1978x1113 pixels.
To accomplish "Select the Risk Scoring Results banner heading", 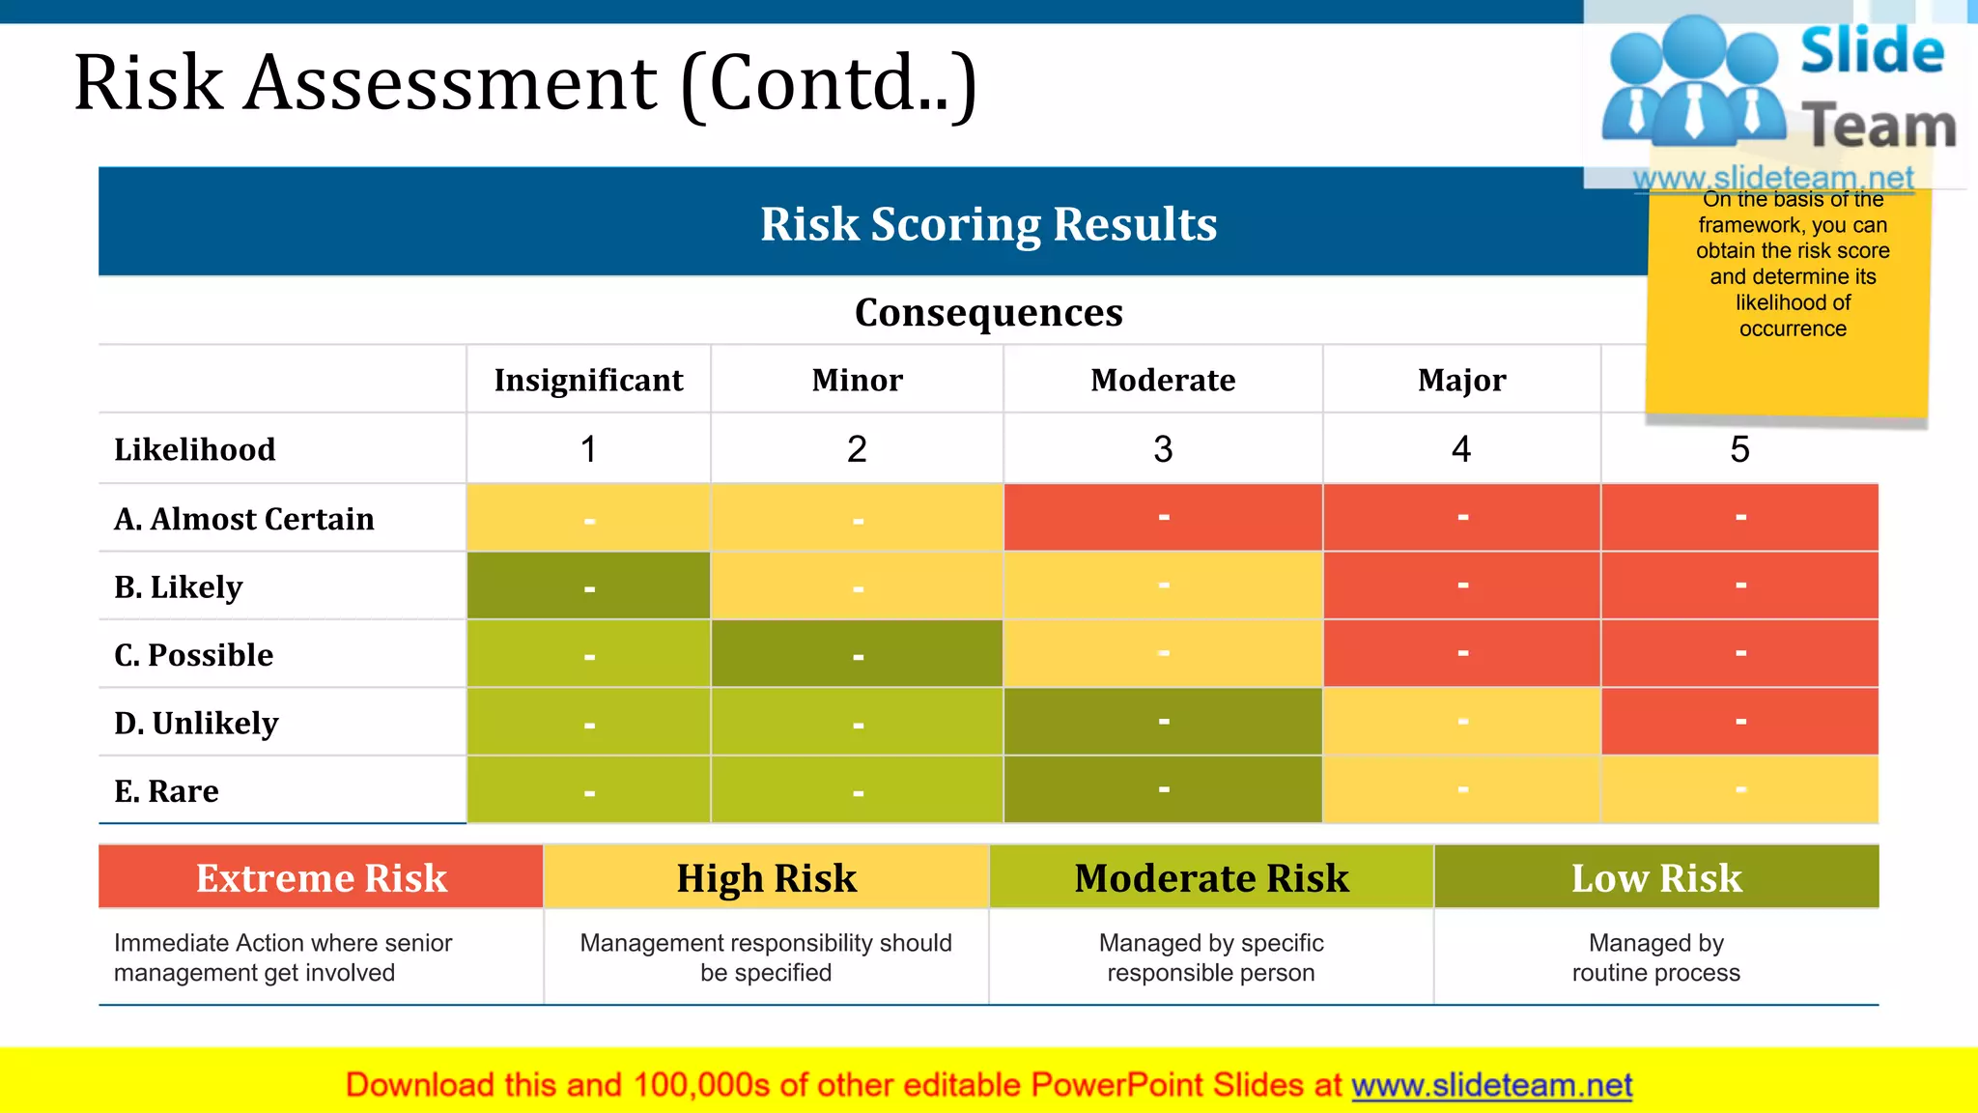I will (988, 224).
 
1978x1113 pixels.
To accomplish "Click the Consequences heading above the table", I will (988, 313).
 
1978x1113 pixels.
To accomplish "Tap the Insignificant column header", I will (588, 381).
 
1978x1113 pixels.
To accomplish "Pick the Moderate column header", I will (1163, 381).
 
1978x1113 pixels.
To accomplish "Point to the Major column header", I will (1461, 381).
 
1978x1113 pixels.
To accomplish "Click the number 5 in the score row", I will (1739, 449).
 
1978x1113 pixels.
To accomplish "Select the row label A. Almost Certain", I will (244, 520).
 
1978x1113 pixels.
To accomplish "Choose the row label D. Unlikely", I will (196, 724).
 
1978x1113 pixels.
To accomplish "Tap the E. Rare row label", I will (166, 792).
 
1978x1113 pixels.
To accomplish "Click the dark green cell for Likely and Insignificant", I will (588, 586).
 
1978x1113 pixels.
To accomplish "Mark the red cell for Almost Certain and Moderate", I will (1163, 518).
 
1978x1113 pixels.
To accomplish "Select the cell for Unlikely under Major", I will (1461, 722).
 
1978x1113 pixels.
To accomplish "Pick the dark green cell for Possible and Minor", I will (857, 654).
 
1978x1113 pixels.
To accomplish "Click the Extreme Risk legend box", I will (321, 878).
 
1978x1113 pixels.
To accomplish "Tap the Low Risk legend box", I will (1656, 878).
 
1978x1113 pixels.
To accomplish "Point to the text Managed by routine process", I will (1655, 957).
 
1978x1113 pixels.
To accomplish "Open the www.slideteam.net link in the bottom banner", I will (1491, 1086).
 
